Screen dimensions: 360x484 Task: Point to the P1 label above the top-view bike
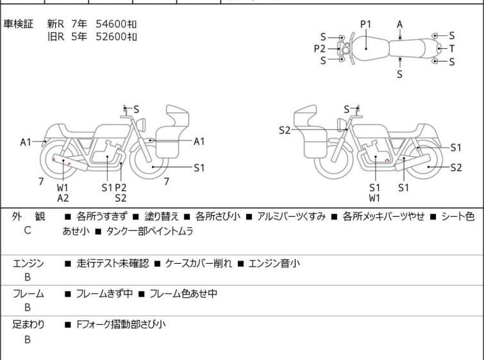(x=365, y=24)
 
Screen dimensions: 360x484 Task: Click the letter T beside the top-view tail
(x=452, y=49)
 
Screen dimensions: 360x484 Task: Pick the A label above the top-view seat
(x=399, y=24)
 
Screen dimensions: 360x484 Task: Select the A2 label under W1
(x=63, y=198)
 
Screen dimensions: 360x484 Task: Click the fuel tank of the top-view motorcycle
(x=366, y=48)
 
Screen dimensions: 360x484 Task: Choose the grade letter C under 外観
(x=27, y=230)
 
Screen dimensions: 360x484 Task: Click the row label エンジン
(x=28, y=263)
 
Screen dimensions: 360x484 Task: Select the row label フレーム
(x=28, y=295)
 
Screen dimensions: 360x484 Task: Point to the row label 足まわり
(x=28, y=325)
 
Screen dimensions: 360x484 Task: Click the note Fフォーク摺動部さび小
(x=119, y=325)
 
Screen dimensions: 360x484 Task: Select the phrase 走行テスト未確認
(x=112, y=263)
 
